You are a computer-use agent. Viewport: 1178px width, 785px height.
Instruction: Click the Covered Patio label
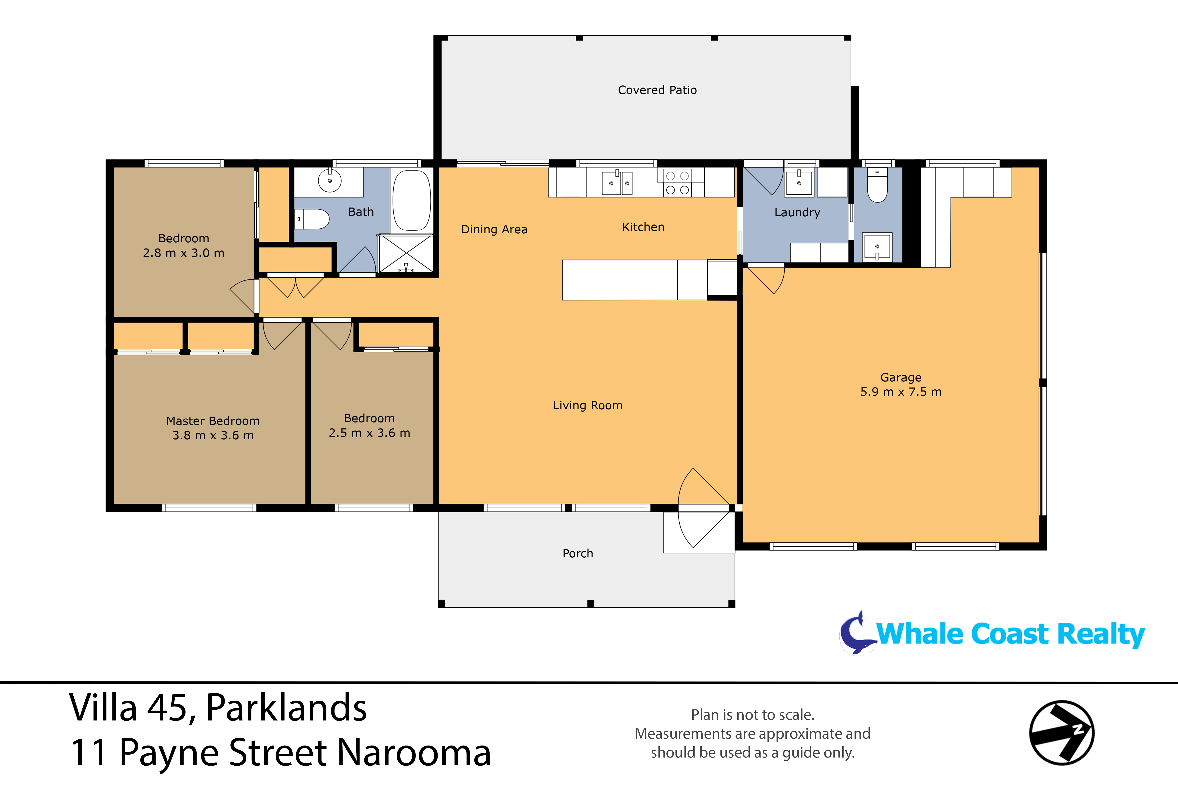657,90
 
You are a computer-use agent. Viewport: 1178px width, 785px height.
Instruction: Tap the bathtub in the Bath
412,200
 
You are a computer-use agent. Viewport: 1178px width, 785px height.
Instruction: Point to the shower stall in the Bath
406,254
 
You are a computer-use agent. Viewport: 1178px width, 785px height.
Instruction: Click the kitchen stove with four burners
677,183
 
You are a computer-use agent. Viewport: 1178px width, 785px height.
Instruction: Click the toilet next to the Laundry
877,186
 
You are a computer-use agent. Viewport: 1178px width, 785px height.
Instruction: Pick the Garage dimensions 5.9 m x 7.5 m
900,392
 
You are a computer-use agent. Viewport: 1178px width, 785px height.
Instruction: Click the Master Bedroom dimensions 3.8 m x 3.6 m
213,436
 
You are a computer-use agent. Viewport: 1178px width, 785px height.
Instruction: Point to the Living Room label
588,406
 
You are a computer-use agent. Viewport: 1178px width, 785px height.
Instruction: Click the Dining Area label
494,229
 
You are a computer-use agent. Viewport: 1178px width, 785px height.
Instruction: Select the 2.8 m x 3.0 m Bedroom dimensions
183,253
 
